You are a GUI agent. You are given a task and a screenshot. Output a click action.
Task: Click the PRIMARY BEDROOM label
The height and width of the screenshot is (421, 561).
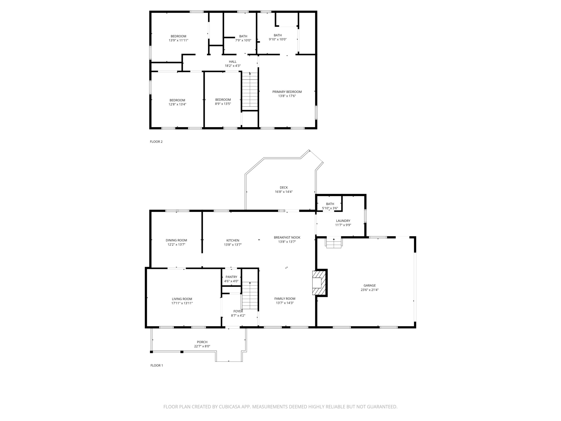[287, 92]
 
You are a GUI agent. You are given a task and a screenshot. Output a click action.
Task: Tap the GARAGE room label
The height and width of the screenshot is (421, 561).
[369, 285]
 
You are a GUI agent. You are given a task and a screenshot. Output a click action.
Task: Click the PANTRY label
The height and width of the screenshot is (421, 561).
[231, 277]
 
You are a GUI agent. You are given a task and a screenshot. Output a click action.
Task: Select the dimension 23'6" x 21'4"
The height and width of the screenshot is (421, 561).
[369, 290]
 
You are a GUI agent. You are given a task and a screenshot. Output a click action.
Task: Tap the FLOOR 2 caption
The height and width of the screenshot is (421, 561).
[156, 142]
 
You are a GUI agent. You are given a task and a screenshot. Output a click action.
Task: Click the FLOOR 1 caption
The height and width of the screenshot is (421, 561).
[157, 366]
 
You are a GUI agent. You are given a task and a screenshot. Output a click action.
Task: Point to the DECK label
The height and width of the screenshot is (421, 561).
[284, 187]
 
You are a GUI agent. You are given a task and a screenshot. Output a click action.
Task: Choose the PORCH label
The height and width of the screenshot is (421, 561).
[202, 342]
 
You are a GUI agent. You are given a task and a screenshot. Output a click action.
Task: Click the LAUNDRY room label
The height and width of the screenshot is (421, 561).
[343, 221]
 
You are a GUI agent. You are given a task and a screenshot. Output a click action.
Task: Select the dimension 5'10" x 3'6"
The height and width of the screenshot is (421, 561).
[330, 208]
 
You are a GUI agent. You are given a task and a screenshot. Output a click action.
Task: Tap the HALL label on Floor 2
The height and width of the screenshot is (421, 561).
[233, 62]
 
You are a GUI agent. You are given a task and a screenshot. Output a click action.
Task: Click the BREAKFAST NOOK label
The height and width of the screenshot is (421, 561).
[287, 237]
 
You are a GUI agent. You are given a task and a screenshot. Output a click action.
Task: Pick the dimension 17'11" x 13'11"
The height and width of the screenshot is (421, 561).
[182, 303]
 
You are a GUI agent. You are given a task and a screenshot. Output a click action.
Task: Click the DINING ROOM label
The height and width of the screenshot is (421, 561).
[176, 240]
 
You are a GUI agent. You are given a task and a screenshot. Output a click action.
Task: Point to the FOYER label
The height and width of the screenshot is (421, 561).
[238, 311]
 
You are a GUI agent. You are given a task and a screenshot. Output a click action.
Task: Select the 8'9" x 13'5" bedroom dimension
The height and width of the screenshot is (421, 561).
[223, 104]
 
